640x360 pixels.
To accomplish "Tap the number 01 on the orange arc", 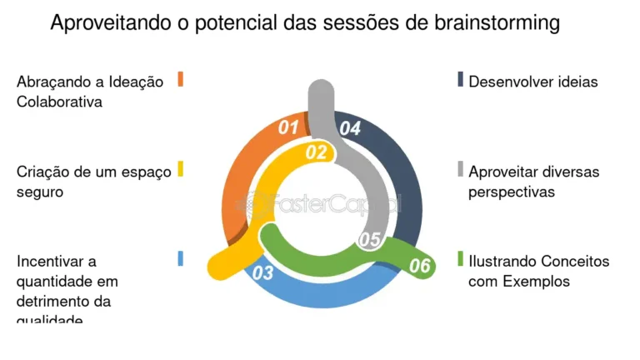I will point(288,127).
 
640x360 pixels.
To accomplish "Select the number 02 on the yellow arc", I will point(316,152).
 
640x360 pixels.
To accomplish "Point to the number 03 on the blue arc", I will point(262,272).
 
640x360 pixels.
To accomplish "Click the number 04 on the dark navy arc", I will point(350,129).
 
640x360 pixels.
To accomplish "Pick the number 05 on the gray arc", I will point(369,240).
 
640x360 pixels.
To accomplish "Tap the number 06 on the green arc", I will point(420,266).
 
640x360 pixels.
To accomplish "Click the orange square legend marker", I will point(180,79).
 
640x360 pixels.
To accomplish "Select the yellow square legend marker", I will point(180,169).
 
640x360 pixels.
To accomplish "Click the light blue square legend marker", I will point(180,258).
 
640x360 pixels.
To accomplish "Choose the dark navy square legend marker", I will point(459,79).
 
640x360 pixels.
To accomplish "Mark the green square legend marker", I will point(459,258).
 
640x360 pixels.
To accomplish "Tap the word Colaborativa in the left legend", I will point(59,102).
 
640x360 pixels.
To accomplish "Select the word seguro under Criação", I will point(40,192).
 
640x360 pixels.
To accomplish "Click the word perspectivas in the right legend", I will point(512,192).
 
